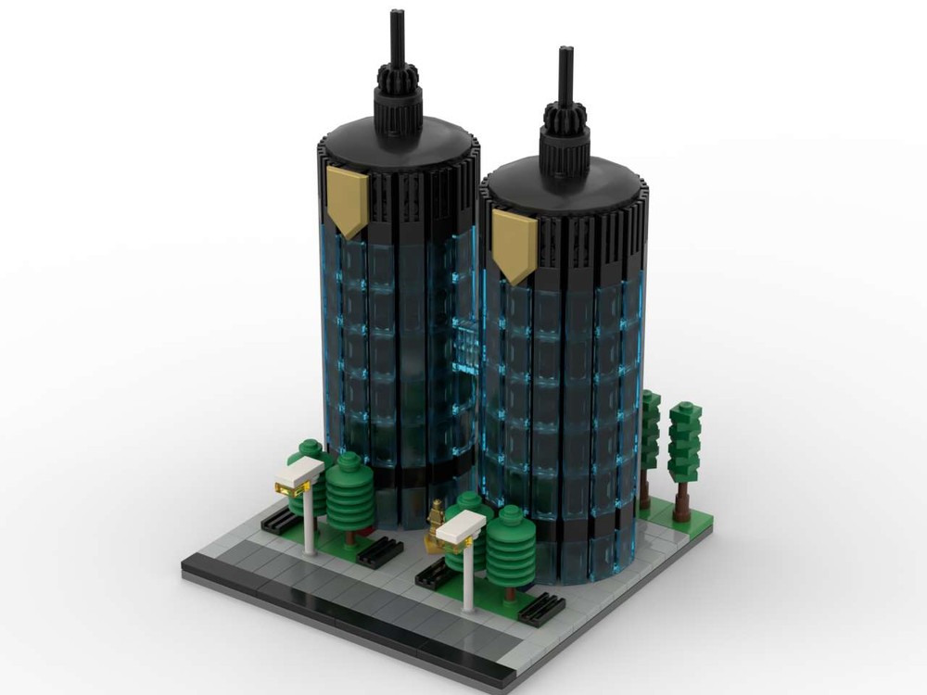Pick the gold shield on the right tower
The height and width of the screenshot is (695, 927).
tap(514, 242)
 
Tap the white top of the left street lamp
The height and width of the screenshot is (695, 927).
tap(299, 474)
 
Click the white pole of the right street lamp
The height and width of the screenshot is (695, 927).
tap(469, 579)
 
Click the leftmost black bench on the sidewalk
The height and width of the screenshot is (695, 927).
tap(281, 521)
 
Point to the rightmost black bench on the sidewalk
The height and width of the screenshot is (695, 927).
tap(542, 608)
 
